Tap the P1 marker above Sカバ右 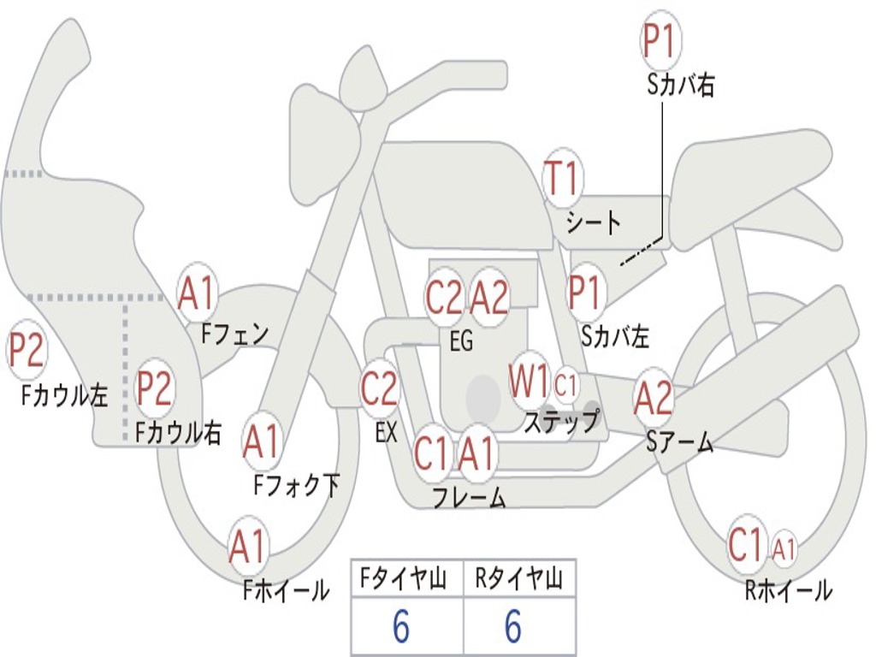660,43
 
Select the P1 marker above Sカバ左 586,293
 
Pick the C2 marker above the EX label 379,389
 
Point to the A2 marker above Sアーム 654,399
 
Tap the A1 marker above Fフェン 198,293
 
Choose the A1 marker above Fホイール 248,547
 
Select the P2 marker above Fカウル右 155,388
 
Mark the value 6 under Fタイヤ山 401,627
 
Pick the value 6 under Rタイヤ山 513,627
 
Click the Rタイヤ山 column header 518,581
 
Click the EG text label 461,342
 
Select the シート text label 593,224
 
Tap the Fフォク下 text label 296,486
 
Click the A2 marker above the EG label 490,298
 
